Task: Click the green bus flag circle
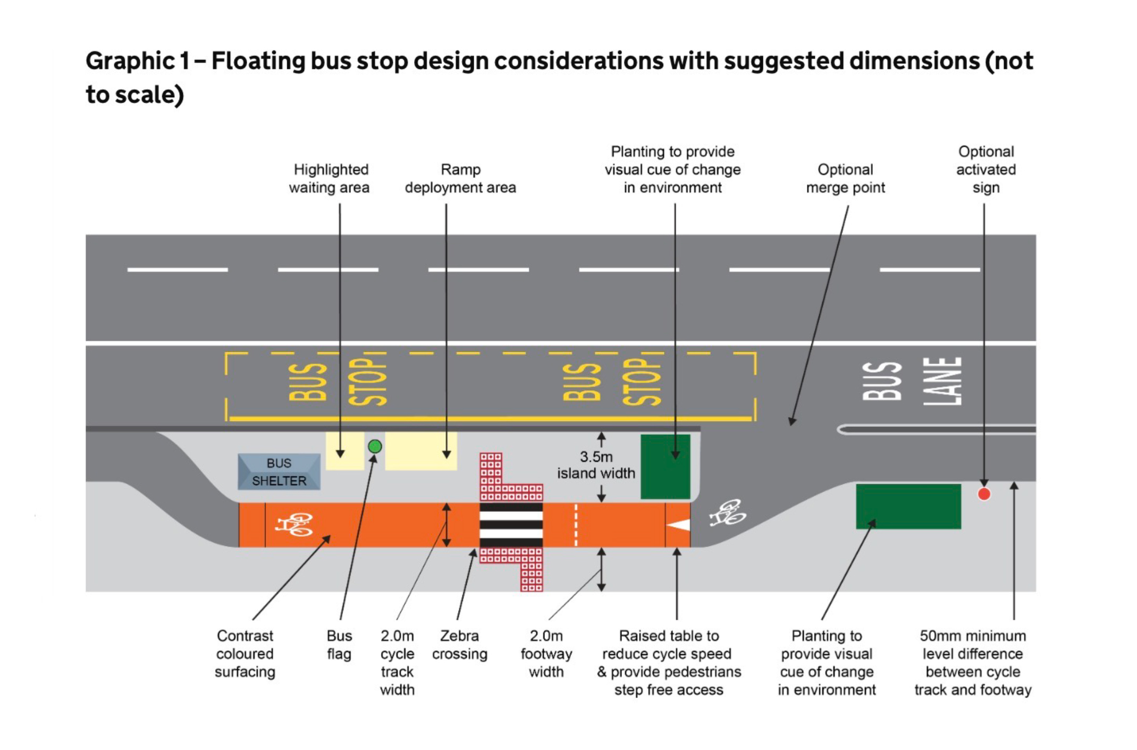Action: coord(375,446)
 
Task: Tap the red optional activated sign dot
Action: coord(984,494)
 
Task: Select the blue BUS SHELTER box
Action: coord(279,471)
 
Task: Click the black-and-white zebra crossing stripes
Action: coord(511,525)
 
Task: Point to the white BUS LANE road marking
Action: coord(912,381)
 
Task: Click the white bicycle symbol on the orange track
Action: coord(293,524)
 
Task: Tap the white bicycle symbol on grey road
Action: coord(728,513)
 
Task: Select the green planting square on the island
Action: coord(665,467)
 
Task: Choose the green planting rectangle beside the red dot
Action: coord(908,506)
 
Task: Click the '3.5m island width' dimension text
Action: coord(596,465)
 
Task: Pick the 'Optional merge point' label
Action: coord(845,179)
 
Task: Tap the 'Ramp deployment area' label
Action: coord(460,179)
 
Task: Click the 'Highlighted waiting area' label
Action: coord(330,179)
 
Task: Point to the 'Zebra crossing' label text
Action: coord(459,645)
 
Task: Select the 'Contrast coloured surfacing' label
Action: coord(245,654)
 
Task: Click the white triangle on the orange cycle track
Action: coord(679,525)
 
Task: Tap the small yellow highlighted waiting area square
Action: coord(344,451)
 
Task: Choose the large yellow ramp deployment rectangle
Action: coord(420,451)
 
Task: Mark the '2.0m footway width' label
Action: coord(546,654)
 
